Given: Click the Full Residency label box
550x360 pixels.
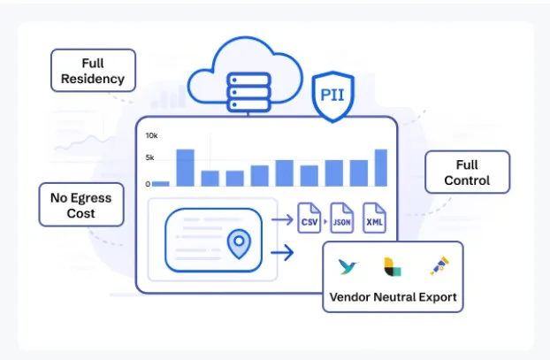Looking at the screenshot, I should [x=93, y=70].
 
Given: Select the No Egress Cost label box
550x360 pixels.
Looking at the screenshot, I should [x=80, y=205].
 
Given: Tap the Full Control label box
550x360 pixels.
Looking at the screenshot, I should [x=467, y=172].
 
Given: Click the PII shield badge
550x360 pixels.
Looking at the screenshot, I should [x=332, y=94].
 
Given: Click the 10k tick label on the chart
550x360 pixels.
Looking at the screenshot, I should [x=151, y=136].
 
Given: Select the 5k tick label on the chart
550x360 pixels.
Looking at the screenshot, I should [x=151, y=157].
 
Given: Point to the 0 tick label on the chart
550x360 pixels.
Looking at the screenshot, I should [x=148, y=184].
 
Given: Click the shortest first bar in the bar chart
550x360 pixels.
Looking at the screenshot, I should [x=161, y=183].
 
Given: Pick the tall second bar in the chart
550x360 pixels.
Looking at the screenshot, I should [x=185, y=167].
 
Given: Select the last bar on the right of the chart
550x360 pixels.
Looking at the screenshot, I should [x=381, y=167].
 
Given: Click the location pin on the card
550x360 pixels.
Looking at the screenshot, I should [x=237, y=243].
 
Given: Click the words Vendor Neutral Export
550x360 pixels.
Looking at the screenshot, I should [x=393, y=296].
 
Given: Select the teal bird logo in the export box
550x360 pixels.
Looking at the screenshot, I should [x=348, y=266].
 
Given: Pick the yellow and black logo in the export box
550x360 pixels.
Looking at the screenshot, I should [x=392, y=266].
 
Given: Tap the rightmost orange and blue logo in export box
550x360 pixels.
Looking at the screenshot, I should [x=438, y=266].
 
